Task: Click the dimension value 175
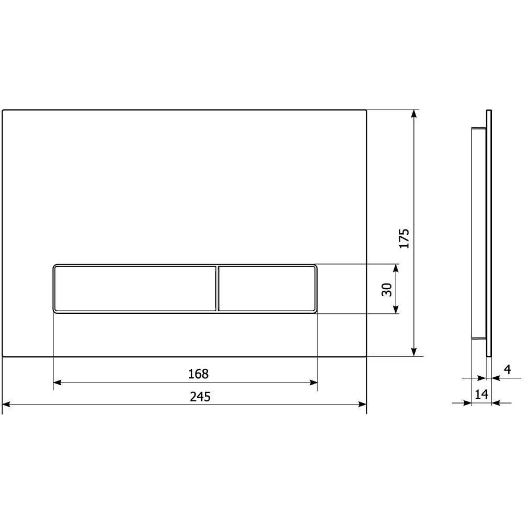[x=404, y=238]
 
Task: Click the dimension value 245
[x=200, y=397]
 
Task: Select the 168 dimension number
[x=199, y=374]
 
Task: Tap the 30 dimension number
[x=387, y=289]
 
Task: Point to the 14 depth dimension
[x=481, y=395]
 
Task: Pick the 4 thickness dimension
[x=508, y=369]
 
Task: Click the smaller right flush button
[x=267, y=289]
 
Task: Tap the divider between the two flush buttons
[x=217, y=289]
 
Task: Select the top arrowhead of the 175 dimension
[x=414, y=114]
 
